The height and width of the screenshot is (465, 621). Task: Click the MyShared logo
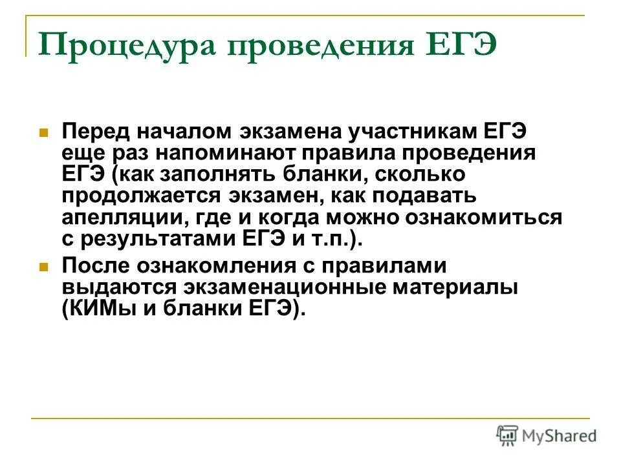coord(547,435)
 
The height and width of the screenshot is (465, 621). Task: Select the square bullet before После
coord(44,266)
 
